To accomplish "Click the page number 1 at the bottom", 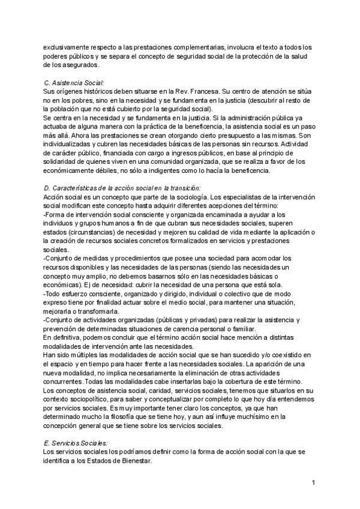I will pos(314,482).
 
